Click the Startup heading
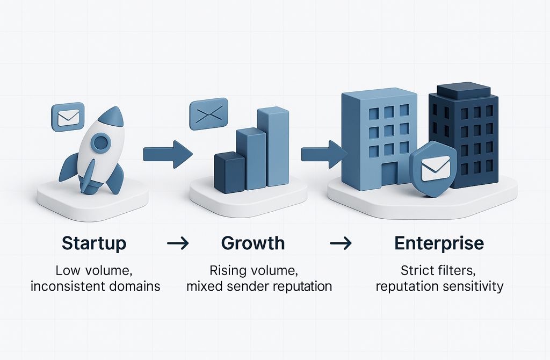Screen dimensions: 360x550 [x=94, y=243]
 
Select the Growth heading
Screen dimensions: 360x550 [x=253, y=243]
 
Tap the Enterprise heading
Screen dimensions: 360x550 [x=439, y=243]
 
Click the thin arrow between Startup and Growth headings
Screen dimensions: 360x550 [x=177, y=243]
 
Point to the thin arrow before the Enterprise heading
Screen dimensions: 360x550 [x=340, y=243]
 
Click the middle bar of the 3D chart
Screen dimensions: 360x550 [x=251, y=159]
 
